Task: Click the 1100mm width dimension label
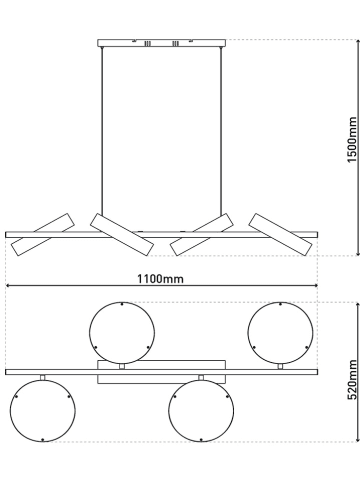pos(160,279)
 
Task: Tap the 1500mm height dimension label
pos(352,140)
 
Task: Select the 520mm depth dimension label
pos(352,379)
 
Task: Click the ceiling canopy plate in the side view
pos(161,43)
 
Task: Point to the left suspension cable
pos(102,131)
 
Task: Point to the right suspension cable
pos(220,131)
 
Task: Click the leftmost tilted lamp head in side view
pos(42,235)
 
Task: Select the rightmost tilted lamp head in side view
pos(281,235)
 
